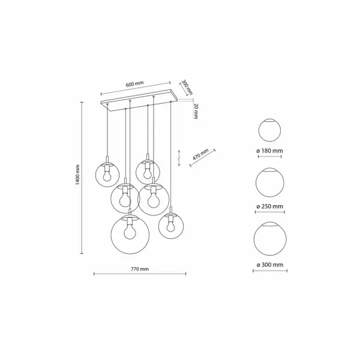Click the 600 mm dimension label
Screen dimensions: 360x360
click(x=134, y=84)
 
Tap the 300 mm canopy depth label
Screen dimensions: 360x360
click(x=187, y=88)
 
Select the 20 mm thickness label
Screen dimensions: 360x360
click(x=196, y=111)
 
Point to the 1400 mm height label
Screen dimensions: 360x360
click(x=77, y=175)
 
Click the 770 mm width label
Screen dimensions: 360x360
click(x=140, y=269)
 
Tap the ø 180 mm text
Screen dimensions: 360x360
click(x=269, y=151)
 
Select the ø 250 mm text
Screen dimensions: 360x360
click(x=269, y=206)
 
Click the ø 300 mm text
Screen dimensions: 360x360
click(x=270, y=265)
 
